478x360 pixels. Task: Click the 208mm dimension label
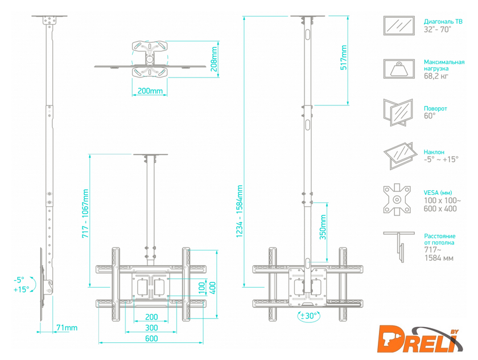point(215,59)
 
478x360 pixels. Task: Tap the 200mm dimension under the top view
point(150,91)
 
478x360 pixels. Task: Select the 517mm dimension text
point(344,58)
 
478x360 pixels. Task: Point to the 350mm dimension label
point(323,227)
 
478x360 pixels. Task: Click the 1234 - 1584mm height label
point(240,211)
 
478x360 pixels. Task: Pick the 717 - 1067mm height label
point(85,214)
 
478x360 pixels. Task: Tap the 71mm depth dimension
point(67,328)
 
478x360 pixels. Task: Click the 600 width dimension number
point(151,338)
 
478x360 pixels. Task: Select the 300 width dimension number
point(151,328)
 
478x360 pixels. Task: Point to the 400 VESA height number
point(212,288)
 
